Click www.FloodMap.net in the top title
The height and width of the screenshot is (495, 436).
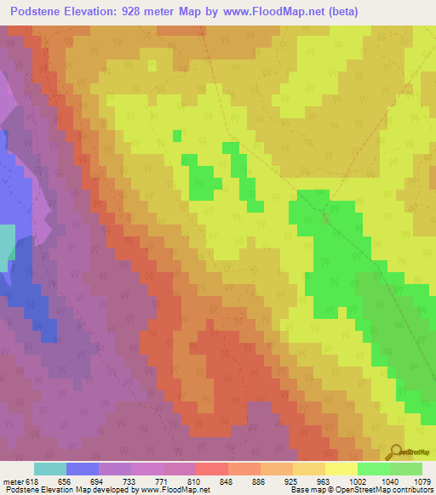click(262, 11)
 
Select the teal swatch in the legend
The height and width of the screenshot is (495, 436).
click(50, 469)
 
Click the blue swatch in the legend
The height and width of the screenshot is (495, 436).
click(83, 469)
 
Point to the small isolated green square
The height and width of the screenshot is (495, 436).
click(177, 135)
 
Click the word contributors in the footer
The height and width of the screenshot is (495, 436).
click(411, 490)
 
